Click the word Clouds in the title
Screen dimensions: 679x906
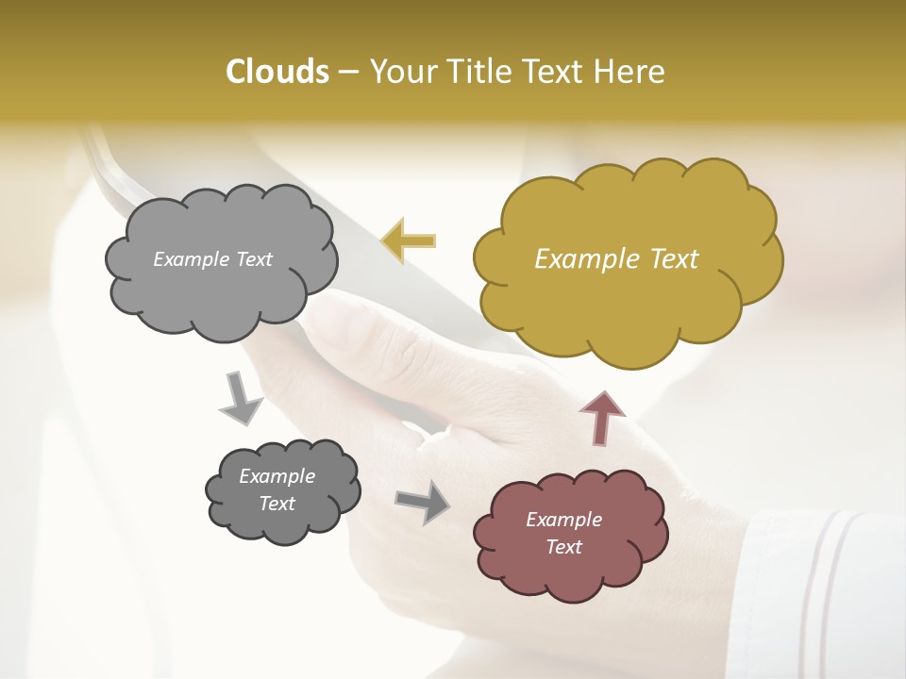tap(277, 72)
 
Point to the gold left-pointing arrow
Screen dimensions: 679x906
tap(409, 240)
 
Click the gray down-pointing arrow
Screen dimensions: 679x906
tap(241, 397)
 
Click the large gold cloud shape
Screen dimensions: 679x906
tap(628, 283)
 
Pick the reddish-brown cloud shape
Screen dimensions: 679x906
tap(570, 566)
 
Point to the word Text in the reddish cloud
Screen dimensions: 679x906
tap(563, 547)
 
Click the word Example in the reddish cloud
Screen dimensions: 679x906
tap(563, 520)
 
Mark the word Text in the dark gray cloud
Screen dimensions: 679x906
tap(277, 504)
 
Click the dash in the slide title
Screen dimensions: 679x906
tap(347, 72)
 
